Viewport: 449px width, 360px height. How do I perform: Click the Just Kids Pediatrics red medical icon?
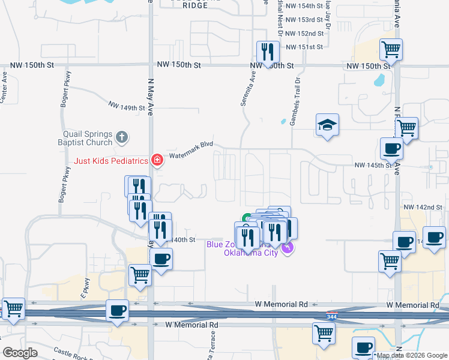(157, 160)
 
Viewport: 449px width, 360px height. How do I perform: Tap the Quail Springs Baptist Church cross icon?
(121, 137)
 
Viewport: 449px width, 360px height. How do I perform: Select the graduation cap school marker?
(327, 125)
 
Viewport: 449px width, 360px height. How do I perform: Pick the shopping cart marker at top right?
(391, 49)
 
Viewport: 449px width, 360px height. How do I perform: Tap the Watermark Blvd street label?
(191, 149)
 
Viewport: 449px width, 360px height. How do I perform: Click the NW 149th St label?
(127, 106)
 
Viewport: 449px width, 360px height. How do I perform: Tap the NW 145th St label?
(373, 165)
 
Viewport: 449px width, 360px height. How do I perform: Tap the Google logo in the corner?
(19, 352)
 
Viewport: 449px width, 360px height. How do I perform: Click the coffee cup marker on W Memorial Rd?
(117, 311)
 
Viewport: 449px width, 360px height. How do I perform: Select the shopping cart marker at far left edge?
(13, 309)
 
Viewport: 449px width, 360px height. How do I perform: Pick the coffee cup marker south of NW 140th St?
(160, 259)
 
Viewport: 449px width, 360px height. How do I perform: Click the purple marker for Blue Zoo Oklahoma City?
(289, 247)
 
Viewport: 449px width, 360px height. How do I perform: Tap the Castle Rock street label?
(71, 351)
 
